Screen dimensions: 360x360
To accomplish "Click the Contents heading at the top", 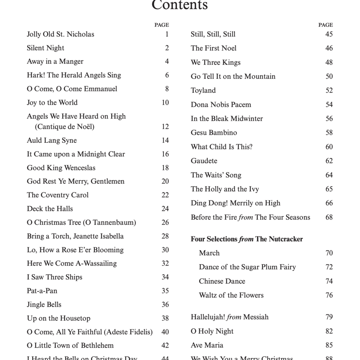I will click(x=179, y=5).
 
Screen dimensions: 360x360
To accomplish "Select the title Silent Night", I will click(x=45, y=48).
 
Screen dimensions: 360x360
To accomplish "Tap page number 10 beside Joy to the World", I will click(x=165, y=103).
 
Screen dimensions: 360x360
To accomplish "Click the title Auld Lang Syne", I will click(x=52, y=141).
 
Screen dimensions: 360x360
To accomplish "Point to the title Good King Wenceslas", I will click(x=61, y=168).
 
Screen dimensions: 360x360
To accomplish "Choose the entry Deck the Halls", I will click(x=50, y=209).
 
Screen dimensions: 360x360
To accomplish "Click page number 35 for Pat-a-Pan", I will click(x=165, y=291).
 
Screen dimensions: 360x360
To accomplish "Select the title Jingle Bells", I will click(x=44, y=305).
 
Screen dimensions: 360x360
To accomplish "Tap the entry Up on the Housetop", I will click(x=58, y=319).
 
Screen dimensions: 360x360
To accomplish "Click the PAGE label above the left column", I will click(x=161, y=25).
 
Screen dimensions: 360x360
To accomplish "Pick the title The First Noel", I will click(x=213, y=48).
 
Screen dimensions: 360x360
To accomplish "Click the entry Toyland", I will click(x=203, y=90).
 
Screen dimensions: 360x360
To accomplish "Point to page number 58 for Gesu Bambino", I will click(x=329, y=133).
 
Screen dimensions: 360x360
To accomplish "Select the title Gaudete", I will click(x=204, y=161).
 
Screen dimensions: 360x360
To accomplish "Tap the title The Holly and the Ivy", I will click(x=225, y=189).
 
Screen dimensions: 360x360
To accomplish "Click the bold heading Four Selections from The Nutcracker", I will click(x=246, y=239).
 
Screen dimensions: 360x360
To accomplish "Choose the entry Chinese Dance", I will click(x=222, y=281).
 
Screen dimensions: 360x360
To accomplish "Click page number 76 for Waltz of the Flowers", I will click(x=329, y=295).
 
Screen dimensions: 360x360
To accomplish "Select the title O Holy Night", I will click(x=212, y=332).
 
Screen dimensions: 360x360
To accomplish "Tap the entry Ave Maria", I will click(x=207, y=345).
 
